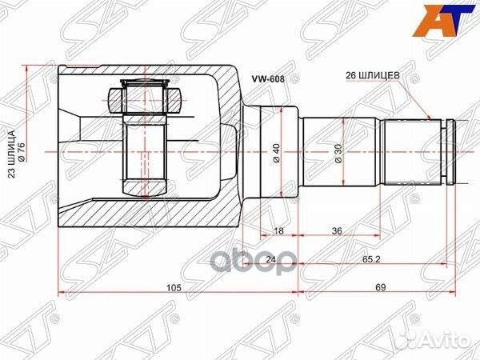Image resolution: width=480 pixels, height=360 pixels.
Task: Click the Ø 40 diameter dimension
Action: coord(276,151)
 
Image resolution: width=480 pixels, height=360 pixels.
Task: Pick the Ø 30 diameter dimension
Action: coord(338,151)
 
